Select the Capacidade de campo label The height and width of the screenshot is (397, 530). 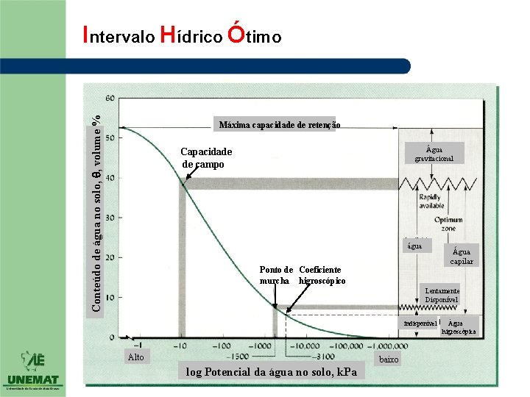(x=206, y=158)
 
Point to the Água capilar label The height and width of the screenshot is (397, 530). (x=462, y=256)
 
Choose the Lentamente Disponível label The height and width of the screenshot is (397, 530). (x=442, y=295)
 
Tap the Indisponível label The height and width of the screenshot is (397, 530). (x=420, y=323)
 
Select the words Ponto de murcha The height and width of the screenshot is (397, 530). (x=277, y=275)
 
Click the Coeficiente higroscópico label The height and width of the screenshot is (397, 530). (x=321, y=275)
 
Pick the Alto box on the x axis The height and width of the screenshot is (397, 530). (x=135, y=357)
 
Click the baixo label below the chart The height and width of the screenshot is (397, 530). (x=388, y=360)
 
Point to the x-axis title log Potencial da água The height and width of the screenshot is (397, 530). (x=272, y=372)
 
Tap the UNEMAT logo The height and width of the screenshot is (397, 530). (x=33, y=371)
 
